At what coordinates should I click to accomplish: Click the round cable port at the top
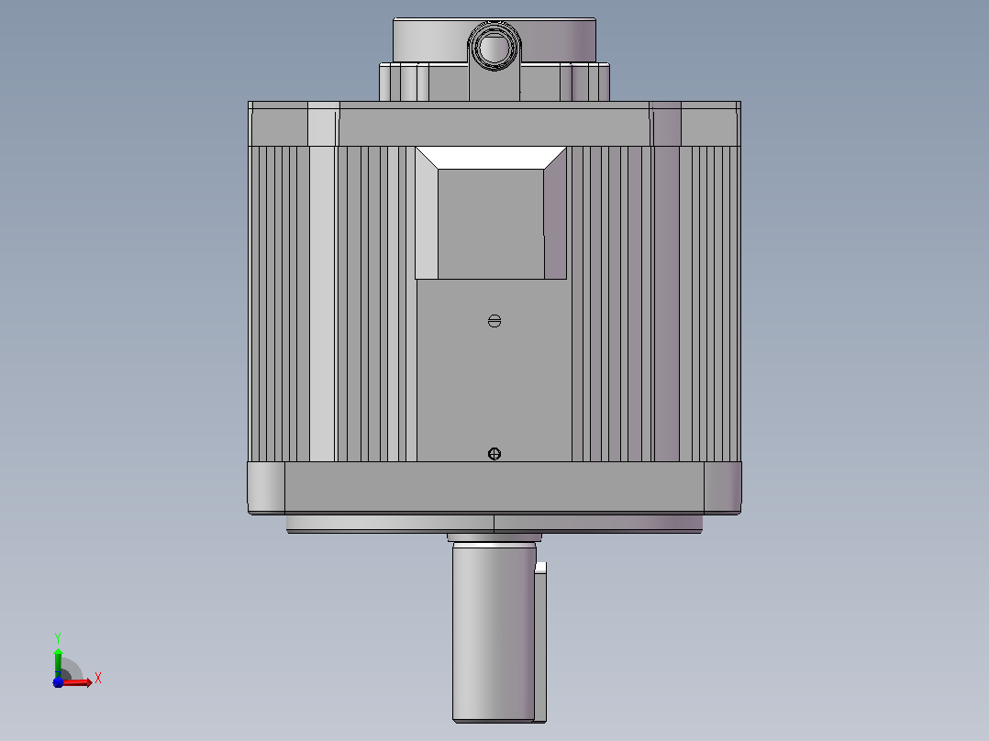(494, 47)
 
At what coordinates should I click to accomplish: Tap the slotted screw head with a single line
(494, 321)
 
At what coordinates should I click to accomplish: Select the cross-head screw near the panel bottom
(494, 454)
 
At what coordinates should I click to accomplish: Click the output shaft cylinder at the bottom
(494, 633)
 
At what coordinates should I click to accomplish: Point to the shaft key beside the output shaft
(540, 642)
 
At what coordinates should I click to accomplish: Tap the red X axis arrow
(75, 682)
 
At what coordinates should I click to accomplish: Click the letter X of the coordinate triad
(98, 679)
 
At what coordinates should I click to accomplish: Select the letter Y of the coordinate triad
(58, 637)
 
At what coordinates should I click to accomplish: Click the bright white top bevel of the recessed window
(491, 158)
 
